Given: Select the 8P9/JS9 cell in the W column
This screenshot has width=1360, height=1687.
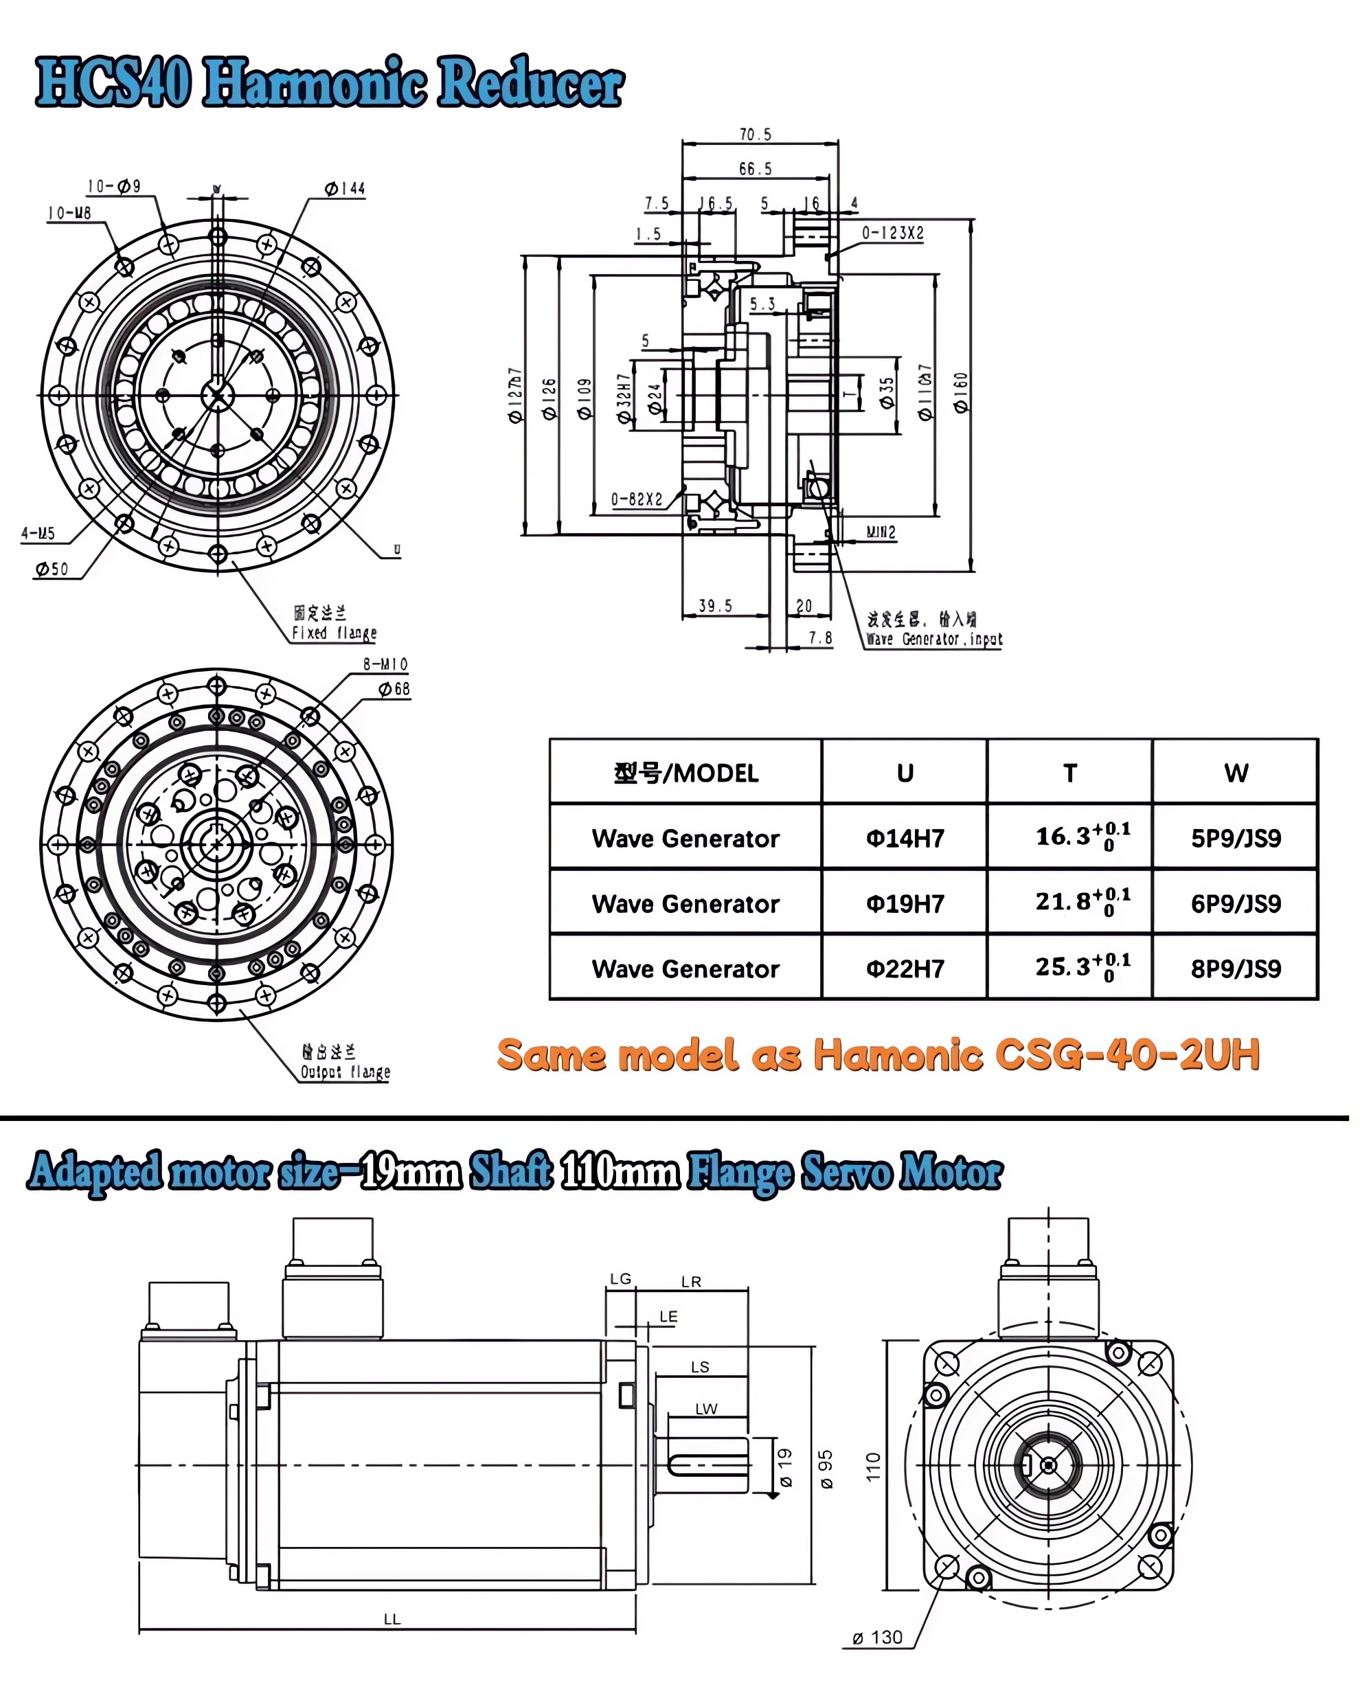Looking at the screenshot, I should tap(1236, 969).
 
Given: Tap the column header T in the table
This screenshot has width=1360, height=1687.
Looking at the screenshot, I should tap(1069, 773).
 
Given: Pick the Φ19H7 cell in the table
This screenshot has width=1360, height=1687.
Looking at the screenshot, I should tap(905, 903).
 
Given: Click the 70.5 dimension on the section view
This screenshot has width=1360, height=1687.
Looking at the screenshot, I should tap(755, 135).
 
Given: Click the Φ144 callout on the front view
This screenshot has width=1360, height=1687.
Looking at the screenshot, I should tap(345, 189).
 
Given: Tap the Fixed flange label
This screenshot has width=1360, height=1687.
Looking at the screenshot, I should tap(335, 633).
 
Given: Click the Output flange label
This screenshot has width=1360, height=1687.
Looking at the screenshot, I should tap(345, 1071).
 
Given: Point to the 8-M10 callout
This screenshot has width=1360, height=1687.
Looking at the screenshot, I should tap(385, 664).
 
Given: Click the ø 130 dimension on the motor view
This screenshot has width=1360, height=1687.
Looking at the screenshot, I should tap(877, 1637).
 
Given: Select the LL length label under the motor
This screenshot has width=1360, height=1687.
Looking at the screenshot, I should tap(392, 1619).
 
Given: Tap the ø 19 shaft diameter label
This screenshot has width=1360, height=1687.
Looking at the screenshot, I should tap(786, 1467).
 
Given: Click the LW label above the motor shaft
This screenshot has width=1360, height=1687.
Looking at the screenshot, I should tap(706, 1409).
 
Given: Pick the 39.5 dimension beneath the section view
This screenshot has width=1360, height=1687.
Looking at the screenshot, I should tap(715, 606).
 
